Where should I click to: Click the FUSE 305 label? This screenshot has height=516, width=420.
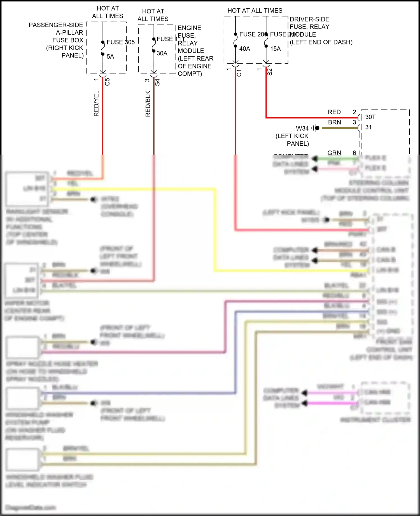point(121,42)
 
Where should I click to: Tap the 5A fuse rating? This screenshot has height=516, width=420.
point(110,57)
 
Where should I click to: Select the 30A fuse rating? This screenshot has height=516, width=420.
point(162,53)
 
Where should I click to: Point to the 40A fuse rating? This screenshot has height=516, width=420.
point(244,49)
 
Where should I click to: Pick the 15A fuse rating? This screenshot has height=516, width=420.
point(275,49)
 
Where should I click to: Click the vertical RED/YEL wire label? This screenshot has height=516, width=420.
point(96,103)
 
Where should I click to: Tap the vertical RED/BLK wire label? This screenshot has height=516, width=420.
point(148,104)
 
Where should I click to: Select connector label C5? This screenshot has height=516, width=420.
point(107,82)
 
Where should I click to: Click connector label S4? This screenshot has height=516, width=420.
point(157,82)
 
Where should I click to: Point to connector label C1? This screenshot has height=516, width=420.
point(239,73)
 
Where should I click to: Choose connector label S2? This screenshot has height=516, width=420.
point(270,72)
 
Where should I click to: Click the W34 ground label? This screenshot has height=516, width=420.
point(302,129)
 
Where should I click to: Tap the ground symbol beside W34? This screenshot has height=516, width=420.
point(316,128)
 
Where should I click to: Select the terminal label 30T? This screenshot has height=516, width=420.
point(370,117)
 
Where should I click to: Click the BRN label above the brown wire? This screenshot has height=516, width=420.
point(334,122)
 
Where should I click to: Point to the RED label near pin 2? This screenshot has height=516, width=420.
point(334,112)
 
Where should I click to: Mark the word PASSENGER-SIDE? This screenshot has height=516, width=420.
point(56,25)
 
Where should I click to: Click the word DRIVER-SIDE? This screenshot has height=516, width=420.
point(309,19)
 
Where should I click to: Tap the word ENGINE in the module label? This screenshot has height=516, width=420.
point(189,28)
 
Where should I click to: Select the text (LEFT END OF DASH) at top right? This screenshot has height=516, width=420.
point(321,42)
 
